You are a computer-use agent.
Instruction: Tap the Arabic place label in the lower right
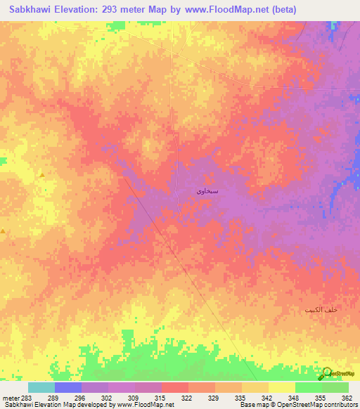(321, 310)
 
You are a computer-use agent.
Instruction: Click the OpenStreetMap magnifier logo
(326, 373)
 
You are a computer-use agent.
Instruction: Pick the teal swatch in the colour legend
(41, 387)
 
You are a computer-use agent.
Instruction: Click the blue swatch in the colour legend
(67, 387)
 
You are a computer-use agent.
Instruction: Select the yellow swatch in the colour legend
(281, 387)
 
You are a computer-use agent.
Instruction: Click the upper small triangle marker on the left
(41, 174)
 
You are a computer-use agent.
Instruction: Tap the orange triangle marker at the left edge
(4, 231)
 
